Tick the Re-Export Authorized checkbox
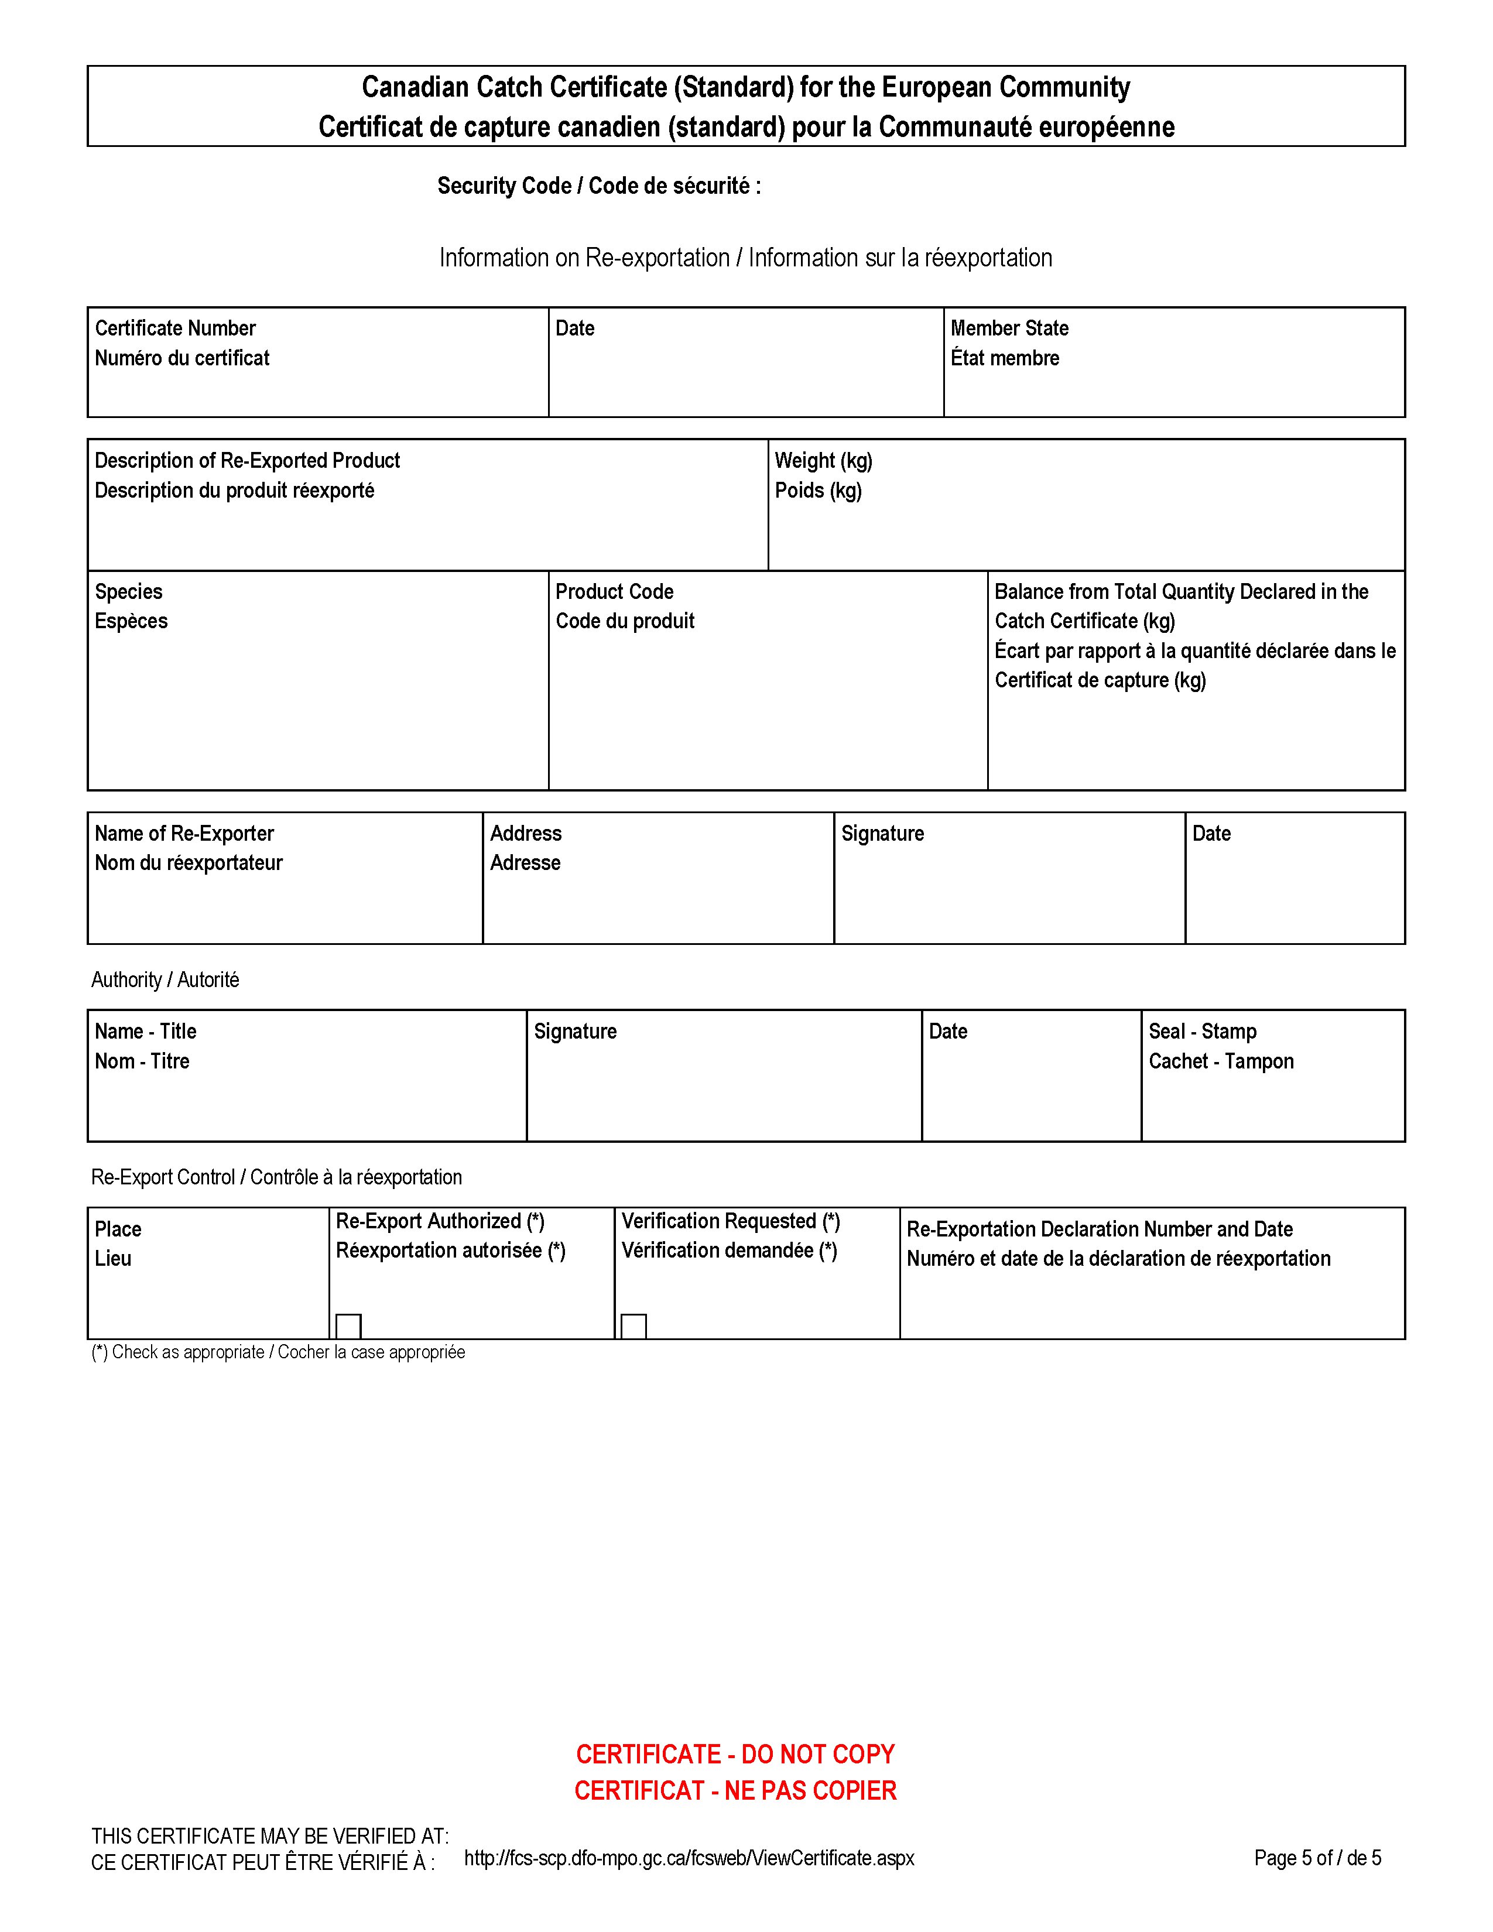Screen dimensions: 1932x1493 (x=348, y=1326)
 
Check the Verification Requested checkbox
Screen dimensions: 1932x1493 (x=634, y=1326)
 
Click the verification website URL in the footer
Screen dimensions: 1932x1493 (x=689, y=1857)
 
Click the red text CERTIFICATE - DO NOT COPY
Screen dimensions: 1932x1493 (x=735, y=1754)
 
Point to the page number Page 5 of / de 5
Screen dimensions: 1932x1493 (x=1317, y=1857)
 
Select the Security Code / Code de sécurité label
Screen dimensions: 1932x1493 (x=599, y=186)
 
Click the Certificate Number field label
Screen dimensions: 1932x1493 (x=175, y=329)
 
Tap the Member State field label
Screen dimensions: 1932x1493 (x=1009, y=329)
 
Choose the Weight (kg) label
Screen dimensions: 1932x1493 (x=823, y=461)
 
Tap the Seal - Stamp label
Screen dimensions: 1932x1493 (x=1202, y=1032)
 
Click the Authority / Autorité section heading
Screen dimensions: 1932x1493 (x=165, y=979)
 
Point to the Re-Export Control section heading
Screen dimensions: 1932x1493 (x=276, y=1177)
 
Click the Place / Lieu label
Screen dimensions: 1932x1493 (x=118, y=1229)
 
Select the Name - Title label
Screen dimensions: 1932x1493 (x=145, y=1032)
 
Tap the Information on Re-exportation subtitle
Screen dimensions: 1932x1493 (x=745, y=258)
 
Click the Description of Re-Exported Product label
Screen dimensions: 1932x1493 (x=246, y=461)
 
